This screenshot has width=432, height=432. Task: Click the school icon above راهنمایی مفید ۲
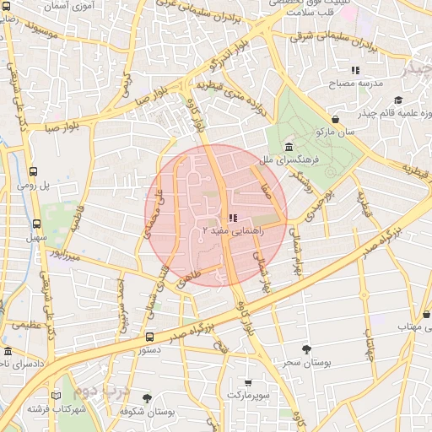tap(233, 218)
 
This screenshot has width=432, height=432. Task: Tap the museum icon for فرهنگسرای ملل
tap(289, 148)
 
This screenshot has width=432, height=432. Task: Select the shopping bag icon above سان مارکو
tap(336, 121)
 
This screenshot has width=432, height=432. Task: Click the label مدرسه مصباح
tap(360, 84)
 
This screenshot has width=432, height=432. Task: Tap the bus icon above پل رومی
tap(33, 171)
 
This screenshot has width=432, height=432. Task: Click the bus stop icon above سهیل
tap(36, 224)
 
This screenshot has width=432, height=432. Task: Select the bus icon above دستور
tap(149, 337)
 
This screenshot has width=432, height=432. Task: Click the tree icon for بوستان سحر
tap(305, 349)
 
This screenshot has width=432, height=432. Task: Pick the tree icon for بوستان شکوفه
tap(147, 398)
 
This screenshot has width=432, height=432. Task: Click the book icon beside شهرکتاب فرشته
tap(57, 395)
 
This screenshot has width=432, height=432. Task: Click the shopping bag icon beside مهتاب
tap(427, 325)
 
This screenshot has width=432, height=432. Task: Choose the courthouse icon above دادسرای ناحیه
tap(8, 351)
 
